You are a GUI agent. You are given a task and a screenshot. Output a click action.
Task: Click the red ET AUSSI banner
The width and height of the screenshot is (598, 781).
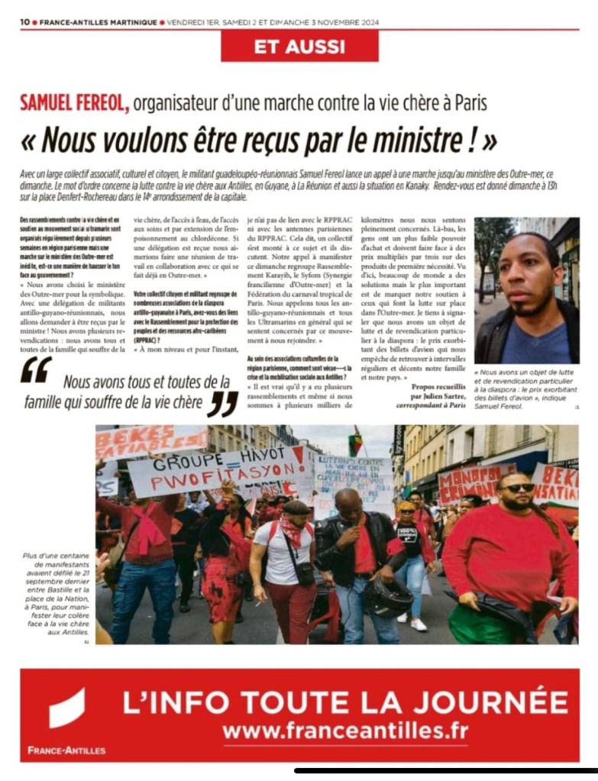[x=299, y=46]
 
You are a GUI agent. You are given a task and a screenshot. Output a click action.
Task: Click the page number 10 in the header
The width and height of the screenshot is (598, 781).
[x=24, y=22]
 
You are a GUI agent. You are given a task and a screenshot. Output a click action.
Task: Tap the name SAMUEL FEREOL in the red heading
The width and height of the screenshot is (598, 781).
[x=74, y=102]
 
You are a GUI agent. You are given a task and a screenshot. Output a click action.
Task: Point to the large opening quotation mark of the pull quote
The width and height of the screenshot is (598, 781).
[x=36, y=370]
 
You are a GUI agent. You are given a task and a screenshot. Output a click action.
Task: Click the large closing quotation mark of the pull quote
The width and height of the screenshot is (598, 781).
[x=222, y=403]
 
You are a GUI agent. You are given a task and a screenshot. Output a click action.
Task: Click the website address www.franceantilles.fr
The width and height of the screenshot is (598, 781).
[x=345, y=731]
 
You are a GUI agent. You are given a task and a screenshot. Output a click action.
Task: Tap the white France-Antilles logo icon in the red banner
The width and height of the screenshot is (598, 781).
[x=67, y=708]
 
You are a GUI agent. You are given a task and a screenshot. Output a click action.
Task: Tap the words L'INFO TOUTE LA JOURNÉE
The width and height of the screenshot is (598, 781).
[x=345, y=700]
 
